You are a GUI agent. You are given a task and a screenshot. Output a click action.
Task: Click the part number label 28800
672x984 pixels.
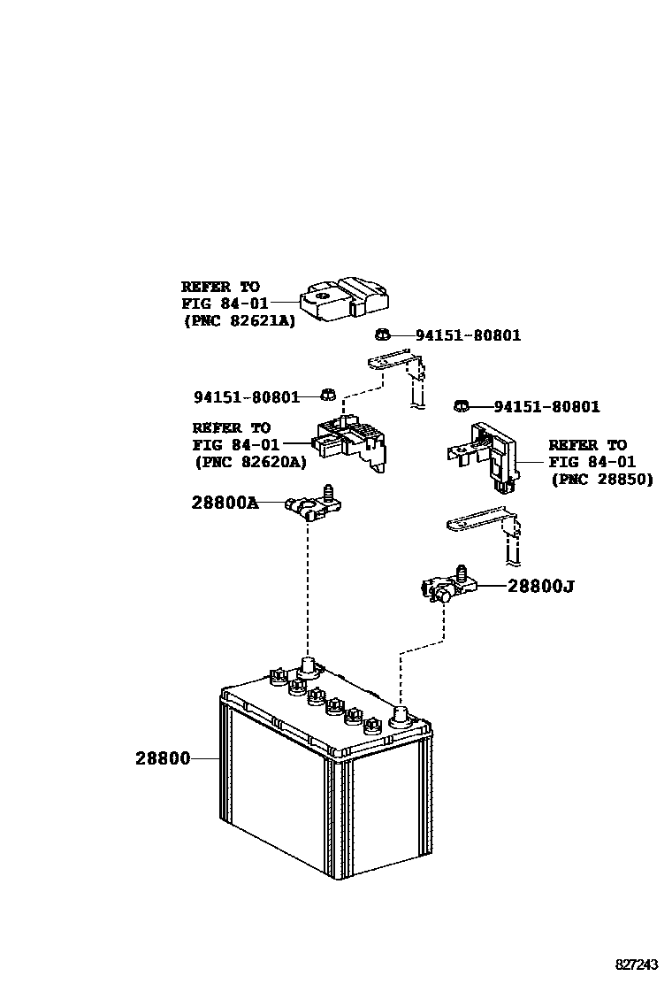[x=163, y=758]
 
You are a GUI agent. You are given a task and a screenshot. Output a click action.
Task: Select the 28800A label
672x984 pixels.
[x=225, y=504]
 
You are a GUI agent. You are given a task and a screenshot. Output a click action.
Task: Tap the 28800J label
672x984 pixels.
[x=540, y=586]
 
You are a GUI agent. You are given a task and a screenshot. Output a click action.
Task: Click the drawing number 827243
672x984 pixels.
[x=638, y=964]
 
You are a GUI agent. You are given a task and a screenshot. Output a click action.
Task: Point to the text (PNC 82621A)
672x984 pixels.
[x=239, y=321]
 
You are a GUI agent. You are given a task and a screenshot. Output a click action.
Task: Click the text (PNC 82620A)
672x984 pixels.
[x=249, y=461]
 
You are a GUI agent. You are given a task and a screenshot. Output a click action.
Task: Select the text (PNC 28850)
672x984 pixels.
[x=601, y=479]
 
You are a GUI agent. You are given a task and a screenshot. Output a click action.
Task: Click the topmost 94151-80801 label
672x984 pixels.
[x=468, y=335]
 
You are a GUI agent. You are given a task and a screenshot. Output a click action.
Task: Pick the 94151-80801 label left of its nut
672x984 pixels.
[x=247, y=397]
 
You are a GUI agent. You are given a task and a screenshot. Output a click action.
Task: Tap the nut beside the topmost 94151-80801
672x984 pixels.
[x=382, y=334]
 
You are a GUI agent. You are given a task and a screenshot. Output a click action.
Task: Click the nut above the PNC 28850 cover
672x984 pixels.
[x=460, y=405]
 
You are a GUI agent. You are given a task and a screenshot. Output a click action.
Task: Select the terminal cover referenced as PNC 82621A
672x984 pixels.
[x=345, y=299]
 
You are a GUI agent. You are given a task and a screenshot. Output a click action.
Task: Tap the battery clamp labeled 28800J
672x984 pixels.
[x=447, y=587]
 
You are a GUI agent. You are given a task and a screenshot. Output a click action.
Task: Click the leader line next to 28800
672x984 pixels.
[x=205, y=758]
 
